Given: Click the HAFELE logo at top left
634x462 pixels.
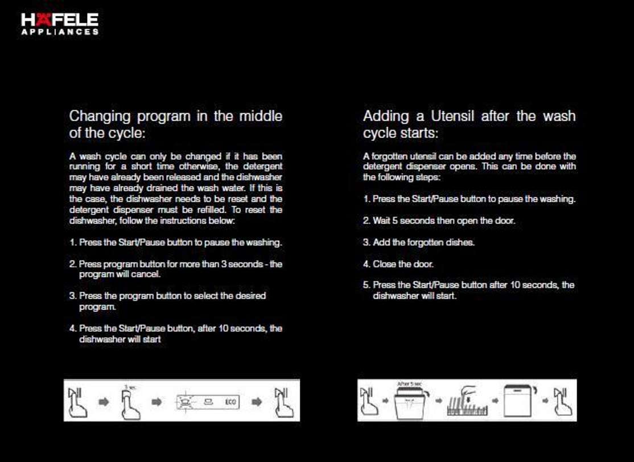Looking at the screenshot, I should tap(60, 20).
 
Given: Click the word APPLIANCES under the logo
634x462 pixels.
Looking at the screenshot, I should tap(60, 32).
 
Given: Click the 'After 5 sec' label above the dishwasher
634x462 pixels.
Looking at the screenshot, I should tap(409, 385).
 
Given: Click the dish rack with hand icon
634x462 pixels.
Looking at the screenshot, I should tap(467, 402).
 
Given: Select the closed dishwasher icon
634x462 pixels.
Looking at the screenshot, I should tap(520, 401).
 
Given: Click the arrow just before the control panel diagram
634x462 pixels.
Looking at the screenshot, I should tap(158, 402).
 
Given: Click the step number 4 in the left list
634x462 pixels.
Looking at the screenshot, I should tap(72, 329).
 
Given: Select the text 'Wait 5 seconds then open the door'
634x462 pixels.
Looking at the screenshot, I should tap(443, 221).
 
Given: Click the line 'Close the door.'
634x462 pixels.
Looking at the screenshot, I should tap(403, 264).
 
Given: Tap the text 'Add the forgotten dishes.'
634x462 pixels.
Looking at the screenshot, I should tap(423, 242).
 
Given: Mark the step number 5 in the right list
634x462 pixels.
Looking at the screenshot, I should tap(367, 285).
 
